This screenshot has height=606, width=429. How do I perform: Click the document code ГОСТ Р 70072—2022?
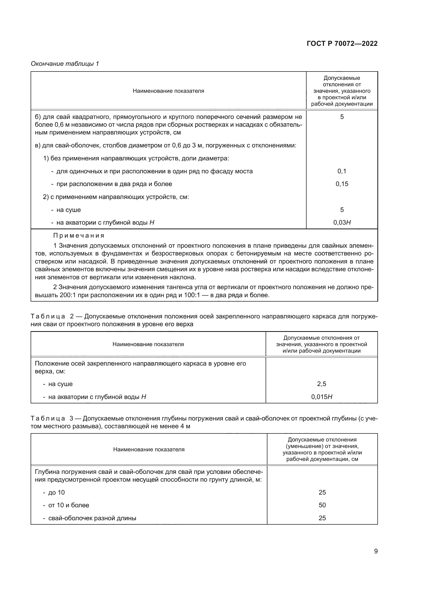point(342,44)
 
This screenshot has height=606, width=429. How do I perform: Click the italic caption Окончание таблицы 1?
point(65,64)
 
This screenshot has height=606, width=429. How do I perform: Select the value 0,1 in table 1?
point(342,171)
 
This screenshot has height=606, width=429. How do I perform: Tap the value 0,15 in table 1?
point(342,184)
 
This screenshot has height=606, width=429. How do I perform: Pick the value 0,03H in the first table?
point(342,223)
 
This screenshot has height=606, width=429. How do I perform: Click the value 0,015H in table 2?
point(321,397)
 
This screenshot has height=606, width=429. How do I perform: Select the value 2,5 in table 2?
point(321,384)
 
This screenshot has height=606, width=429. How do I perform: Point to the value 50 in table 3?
point(322,505)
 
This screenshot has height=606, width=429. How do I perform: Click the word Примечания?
point(79,236)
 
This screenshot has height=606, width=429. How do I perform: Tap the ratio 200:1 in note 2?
point(68,295)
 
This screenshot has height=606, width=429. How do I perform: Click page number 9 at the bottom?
point(376,551)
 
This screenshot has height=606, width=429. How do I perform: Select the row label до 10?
point(56,493)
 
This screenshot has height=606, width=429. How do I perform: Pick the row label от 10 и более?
point(68,505)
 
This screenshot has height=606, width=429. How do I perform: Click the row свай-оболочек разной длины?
point(92,518)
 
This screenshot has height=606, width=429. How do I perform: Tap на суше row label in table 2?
point(60,384)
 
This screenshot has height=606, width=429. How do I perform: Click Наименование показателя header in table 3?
point(149,450)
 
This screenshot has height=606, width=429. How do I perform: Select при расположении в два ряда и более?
point(114,184)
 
